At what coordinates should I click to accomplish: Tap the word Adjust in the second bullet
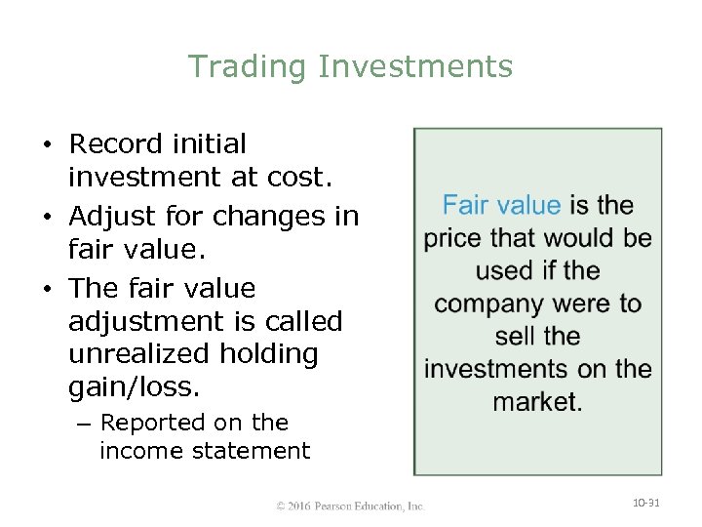click(114, 216)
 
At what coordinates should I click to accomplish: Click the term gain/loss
click(135, 387)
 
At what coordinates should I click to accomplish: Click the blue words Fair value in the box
click(501, 205)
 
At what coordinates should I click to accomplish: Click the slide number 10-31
click(646, 503)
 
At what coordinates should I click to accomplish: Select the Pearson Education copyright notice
click(350, 506)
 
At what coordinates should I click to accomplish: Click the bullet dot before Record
click(46, 145)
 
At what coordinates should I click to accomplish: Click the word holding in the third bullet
click(270, 354)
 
